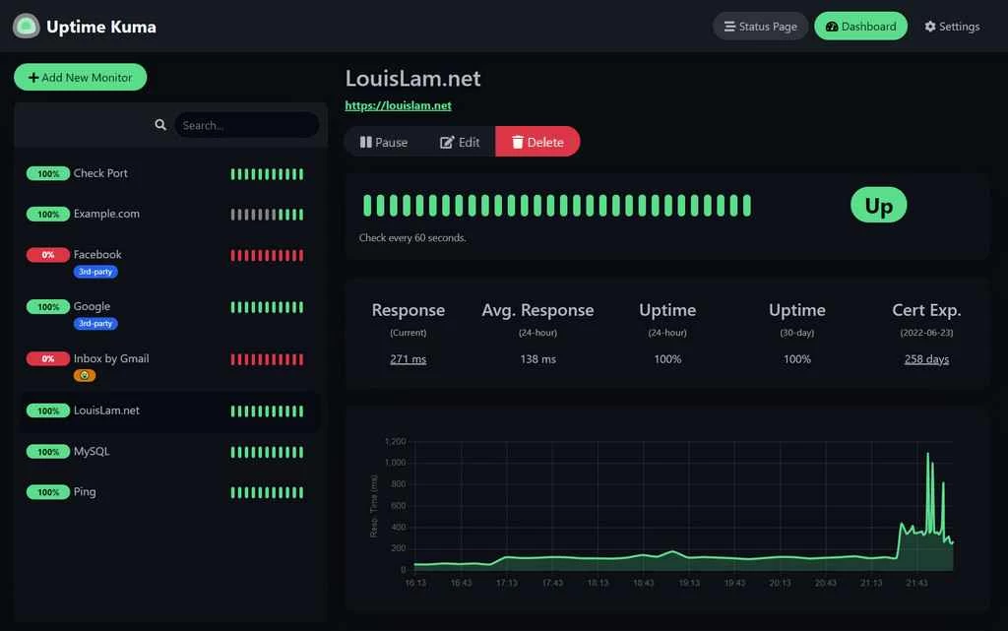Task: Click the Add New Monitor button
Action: [x=80, y=78]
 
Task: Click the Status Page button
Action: [x=760, y=27]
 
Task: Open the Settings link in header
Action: [x=952, y=27]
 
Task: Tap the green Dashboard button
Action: [x=861, y=27]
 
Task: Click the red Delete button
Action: [x=537, y=142]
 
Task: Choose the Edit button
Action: [x=460, y=142]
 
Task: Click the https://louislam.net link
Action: [x=398, y=105]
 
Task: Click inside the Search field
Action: [x=246, y=125]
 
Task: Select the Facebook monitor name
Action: [x=97, y=254]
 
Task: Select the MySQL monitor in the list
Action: [x=92, y=452]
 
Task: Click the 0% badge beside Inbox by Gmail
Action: [x=47, y=359]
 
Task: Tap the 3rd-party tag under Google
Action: [x=95, y=323]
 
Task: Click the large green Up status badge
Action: [x=878, y=206]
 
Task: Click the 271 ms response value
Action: [x=408, y=359]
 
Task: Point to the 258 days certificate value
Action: [x=926, y=359]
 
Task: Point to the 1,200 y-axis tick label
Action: [x=395, y=442]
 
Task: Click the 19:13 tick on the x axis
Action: [x=689, y=584]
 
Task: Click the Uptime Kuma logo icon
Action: [x=26, y=27]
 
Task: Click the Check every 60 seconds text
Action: [x=412, y=238]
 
